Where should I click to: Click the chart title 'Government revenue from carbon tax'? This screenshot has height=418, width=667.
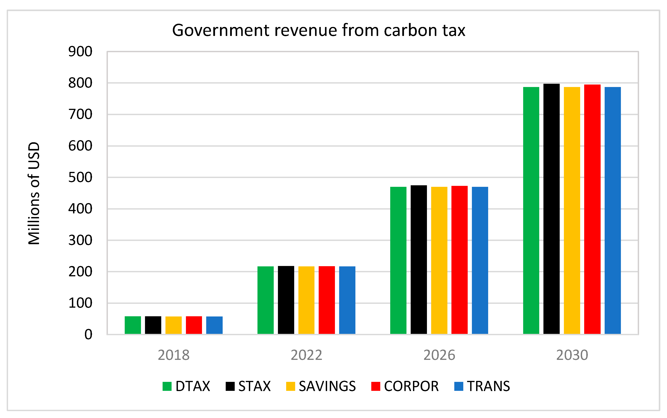(x=318, y=30)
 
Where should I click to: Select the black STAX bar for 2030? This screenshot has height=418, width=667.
(x=551, y=209)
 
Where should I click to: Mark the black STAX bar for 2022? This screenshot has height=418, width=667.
(x=286, y=300)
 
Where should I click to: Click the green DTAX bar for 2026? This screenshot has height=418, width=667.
(x=398, y=260)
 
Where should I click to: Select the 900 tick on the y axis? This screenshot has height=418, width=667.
(x=80, y=52)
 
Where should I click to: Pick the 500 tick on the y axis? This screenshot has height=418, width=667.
(x=80, y=177)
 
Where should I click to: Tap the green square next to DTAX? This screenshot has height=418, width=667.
(x=167, y=386)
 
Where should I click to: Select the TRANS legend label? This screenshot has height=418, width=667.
(x=488, y=386)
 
